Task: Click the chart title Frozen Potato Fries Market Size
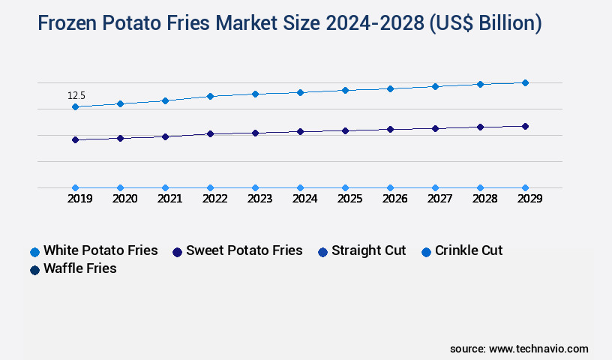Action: coord(289,24)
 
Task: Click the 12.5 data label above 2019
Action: coord(76,96)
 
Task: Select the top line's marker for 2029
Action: coord(525,82)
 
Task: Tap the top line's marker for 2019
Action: coord(75,107)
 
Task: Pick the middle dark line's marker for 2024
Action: coord(300,131)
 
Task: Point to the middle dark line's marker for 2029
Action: coord(525,126)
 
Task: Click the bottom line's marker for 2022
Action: coord(210,187)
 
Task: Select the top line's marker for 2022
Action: coord(210,96)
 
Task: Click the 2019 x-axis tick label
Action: coord(80,199)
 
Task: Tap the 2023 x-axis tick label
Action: coord(260,199)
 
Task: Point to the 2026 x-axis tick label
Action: coord(395,199)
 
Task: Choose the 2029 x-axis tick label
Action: coord(529,199)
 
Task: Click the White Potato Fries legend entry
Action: coord(94,250)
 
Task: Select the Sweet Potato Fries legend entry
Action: coord(237,250)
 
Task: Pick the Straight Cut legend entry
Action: coord(361,250)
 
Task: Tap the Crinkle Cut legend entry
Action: coord(461,250)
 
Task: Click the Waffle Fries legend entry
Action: coord(73,268)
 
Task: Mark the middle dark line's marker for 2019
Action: coord(75,139)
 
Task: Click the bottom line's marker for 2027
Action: coord(435,187)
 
